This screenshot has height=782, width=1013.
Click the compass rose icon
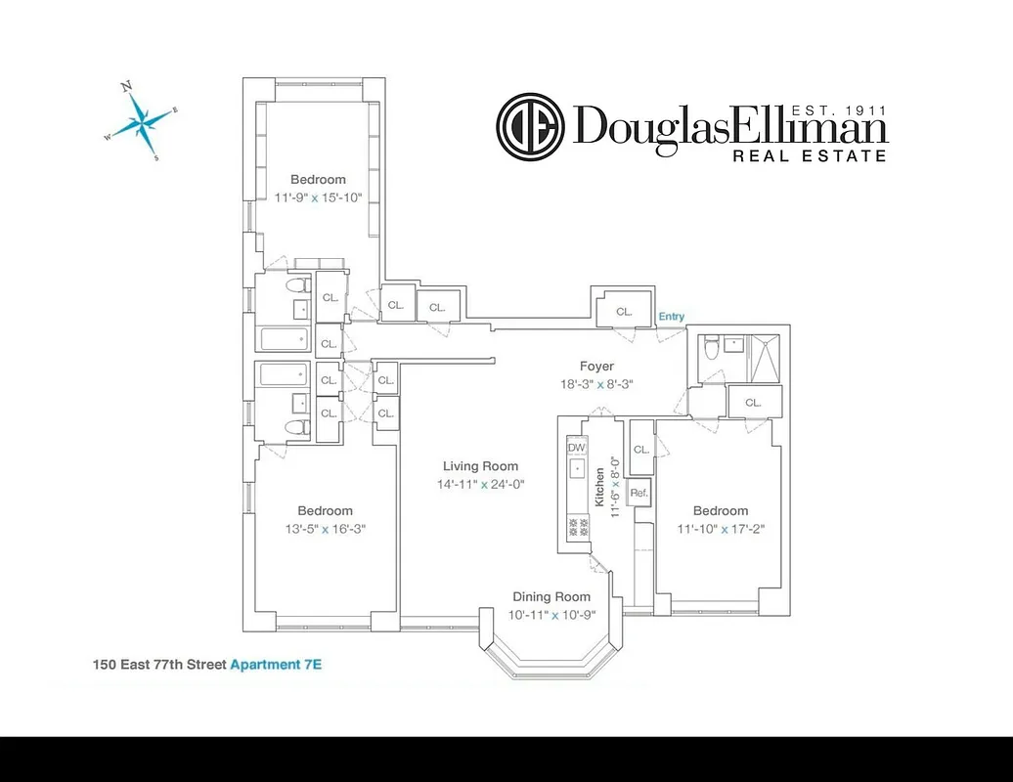click(143, 121)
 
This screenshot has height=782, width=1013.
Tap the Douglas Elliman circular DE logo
click(531, 126)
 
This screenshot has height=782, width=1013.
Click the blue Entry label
click(672, 317)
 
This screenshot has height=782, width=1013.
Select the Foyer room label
click(595, 367)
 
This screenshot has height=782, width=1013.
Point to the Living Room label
click(480, 466)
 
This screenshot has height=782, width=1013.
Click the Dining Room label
click(552, 597)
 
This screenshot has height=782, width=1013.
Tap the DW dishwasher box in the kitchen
click(576, 447)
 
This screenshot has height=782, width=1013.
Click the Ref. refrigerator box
click(639, 493)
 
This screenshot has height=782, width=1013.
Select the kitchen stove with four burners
click(577, 528)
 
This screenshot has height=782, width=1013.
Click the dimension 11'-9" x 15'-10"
click(318, 197)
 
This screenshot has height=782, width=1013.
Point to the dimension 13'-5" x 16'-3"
click(325, 529)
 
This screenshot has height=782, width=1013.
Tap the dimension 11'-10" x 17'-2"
click(721, 529)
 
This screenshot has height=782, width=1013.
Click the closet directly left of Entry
click(624, 311)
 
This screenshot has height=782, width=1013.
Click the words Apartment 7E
click(277, 665)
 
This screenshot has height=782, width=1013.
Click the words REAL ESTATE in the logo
click(811, 155)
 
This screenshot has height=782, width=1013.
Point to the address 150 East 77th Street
click(159, 665)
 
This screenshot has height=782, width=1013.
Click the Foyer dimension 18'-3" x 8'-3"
click(595, 384)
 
